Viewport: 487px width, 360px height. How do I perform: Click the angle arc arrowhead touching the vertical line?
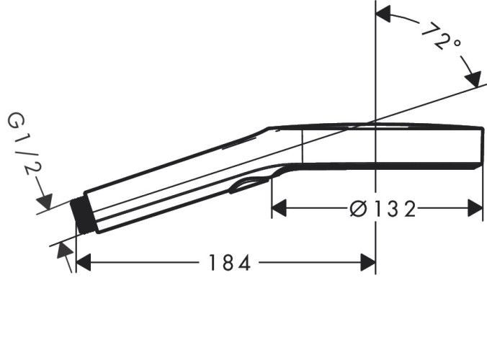pyautogui.click(x=383, y=13)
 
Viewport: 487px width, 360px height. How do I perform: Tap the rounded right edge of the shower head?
pyautogui.click(x=481, y=147)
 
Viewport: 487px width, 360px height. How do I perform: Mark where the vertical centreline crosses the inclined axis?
pyautogui.click(x=375, y=120)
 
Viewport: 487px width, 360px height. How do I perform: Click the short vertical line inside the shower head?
pyautogui.click(x=301, y=148)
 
